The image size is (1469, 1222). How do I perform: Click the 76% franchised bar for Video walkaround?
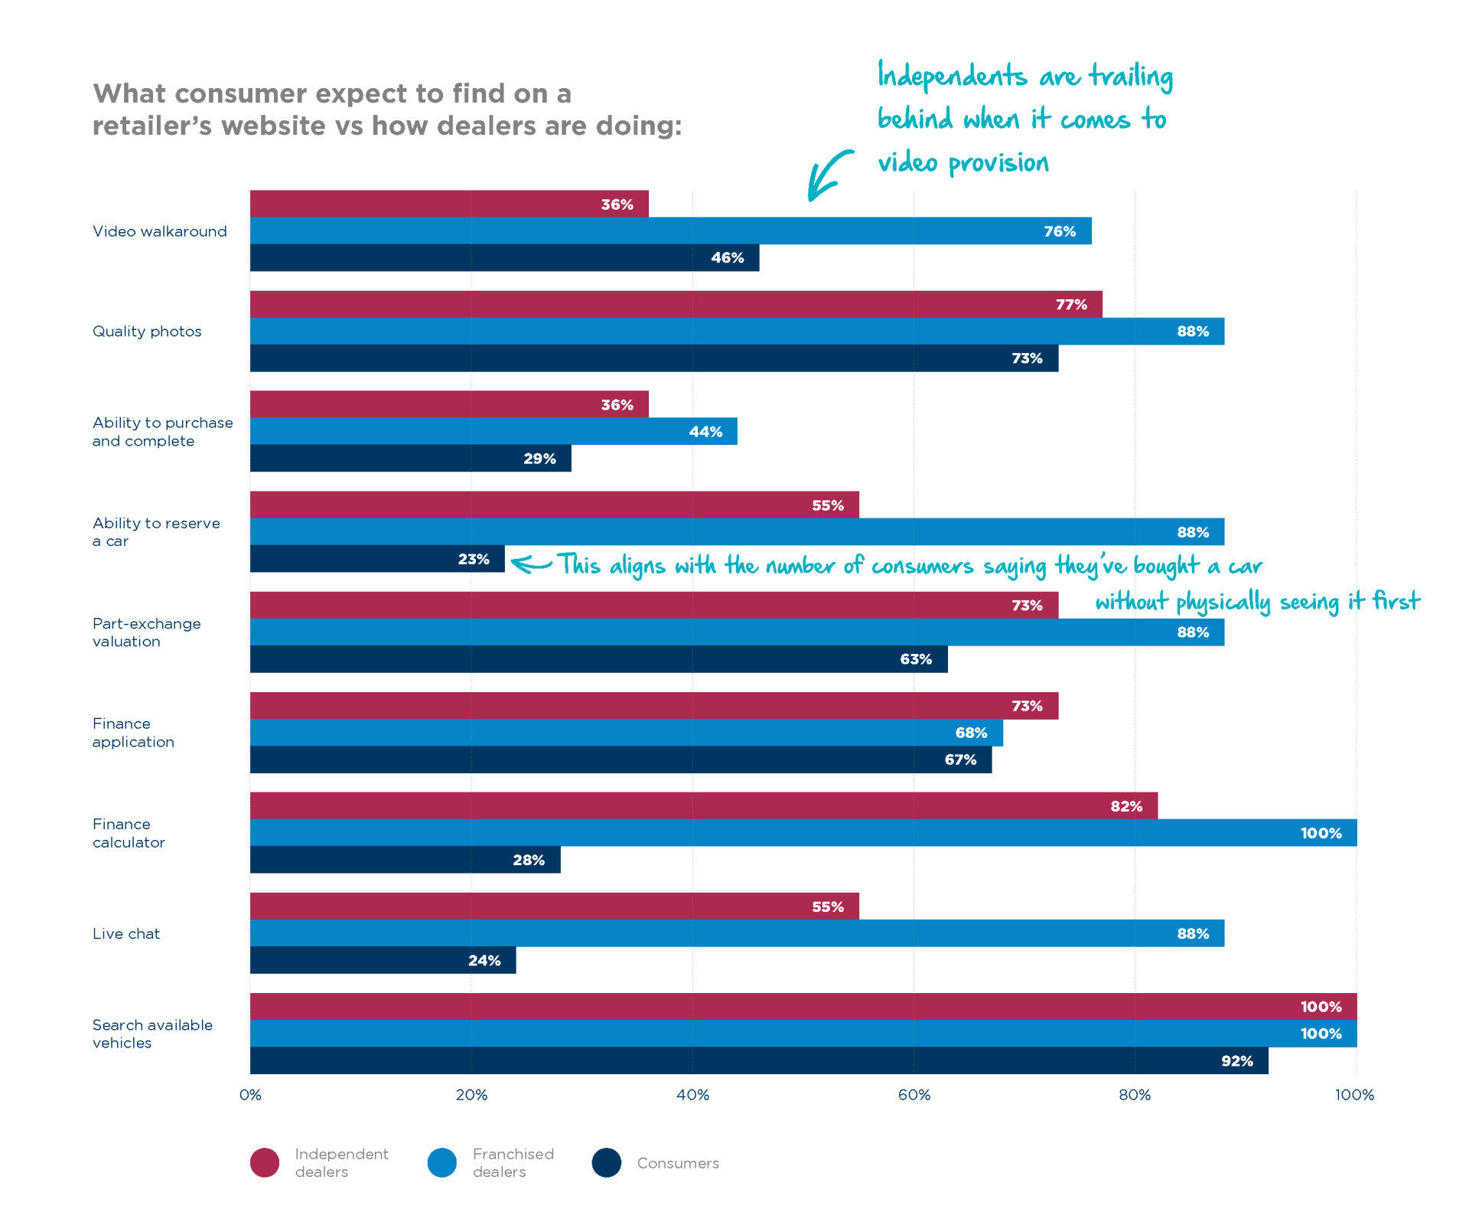670,230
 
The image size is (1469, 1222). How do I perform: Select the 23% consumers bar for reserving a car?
376,559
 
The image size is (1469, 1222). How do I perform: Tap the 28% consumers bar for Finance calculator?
405,860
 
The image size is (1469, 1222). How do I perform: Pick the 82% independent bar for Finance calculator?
703,805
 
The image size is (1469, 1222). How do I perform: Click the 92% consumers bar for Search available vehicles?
758,1060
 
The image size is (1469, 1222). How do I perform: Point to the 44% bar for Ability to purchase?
493,431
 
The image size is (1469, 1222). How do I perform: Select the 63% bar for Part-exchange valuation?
598,659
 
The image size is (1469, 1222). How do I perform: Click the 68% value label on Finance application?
971,733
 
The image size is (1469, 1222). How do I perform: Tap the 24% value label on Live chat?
484,960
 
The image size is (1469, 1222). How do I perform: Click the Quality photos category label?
147,332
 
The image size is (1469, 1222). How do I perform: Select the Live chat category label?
126,933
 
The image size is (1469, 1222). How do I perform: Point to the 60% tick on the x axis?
914,1095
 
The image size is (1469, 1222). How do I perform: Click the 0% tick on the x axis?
250,1095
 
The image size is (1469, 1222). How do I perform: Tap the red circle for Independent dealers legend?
265,1162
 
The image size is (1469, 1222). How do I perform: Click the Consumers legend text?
678,1163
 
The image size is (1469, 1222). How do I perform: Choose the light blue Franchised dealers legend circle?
442,1162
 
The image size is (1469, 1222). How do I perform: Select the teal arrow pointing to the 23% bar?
531,564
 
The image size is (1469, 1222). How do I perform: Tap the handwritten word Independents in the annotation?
952,76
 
